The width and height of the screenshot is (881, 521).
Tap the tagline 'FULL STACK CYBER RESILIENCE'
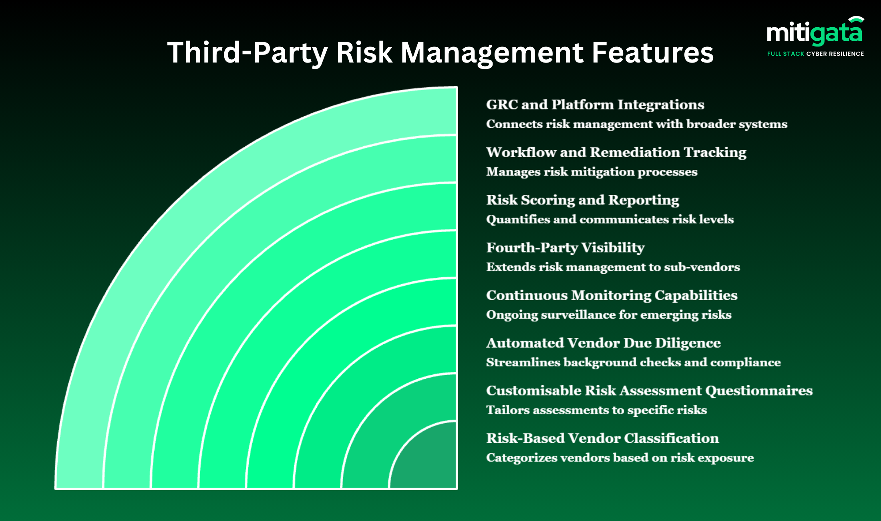815,54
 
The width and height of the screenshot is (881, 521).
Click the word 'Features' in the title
652,53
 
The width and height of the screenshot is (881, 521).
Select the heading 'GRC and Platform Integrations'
595,105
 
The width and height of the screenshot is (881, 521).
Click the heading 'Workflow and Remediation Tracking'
616,152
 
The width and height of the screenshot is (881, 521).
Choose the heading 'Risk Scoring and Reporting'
583,200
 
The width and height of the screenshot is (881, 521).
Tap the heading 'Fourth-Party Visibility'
565,248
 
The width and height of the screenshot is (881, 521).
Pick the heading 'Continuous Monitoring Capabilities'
611,295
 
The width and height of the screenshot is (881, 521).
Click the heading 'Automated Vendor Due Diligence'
603,343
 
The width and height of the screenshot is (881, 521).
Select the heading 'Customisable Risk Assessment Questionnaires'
649,391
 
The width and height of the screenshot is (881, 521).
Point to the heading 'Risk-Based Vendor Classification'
602,438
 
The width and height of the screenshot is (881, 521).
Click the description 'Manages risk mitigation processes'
591,172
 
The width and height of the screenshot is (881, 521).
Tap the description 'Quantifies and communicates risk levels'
609,220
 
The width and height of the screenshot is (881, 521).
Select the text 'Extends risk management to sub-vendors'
613,267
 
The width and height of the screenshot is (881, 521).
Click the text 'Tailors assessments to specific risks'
596,410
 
